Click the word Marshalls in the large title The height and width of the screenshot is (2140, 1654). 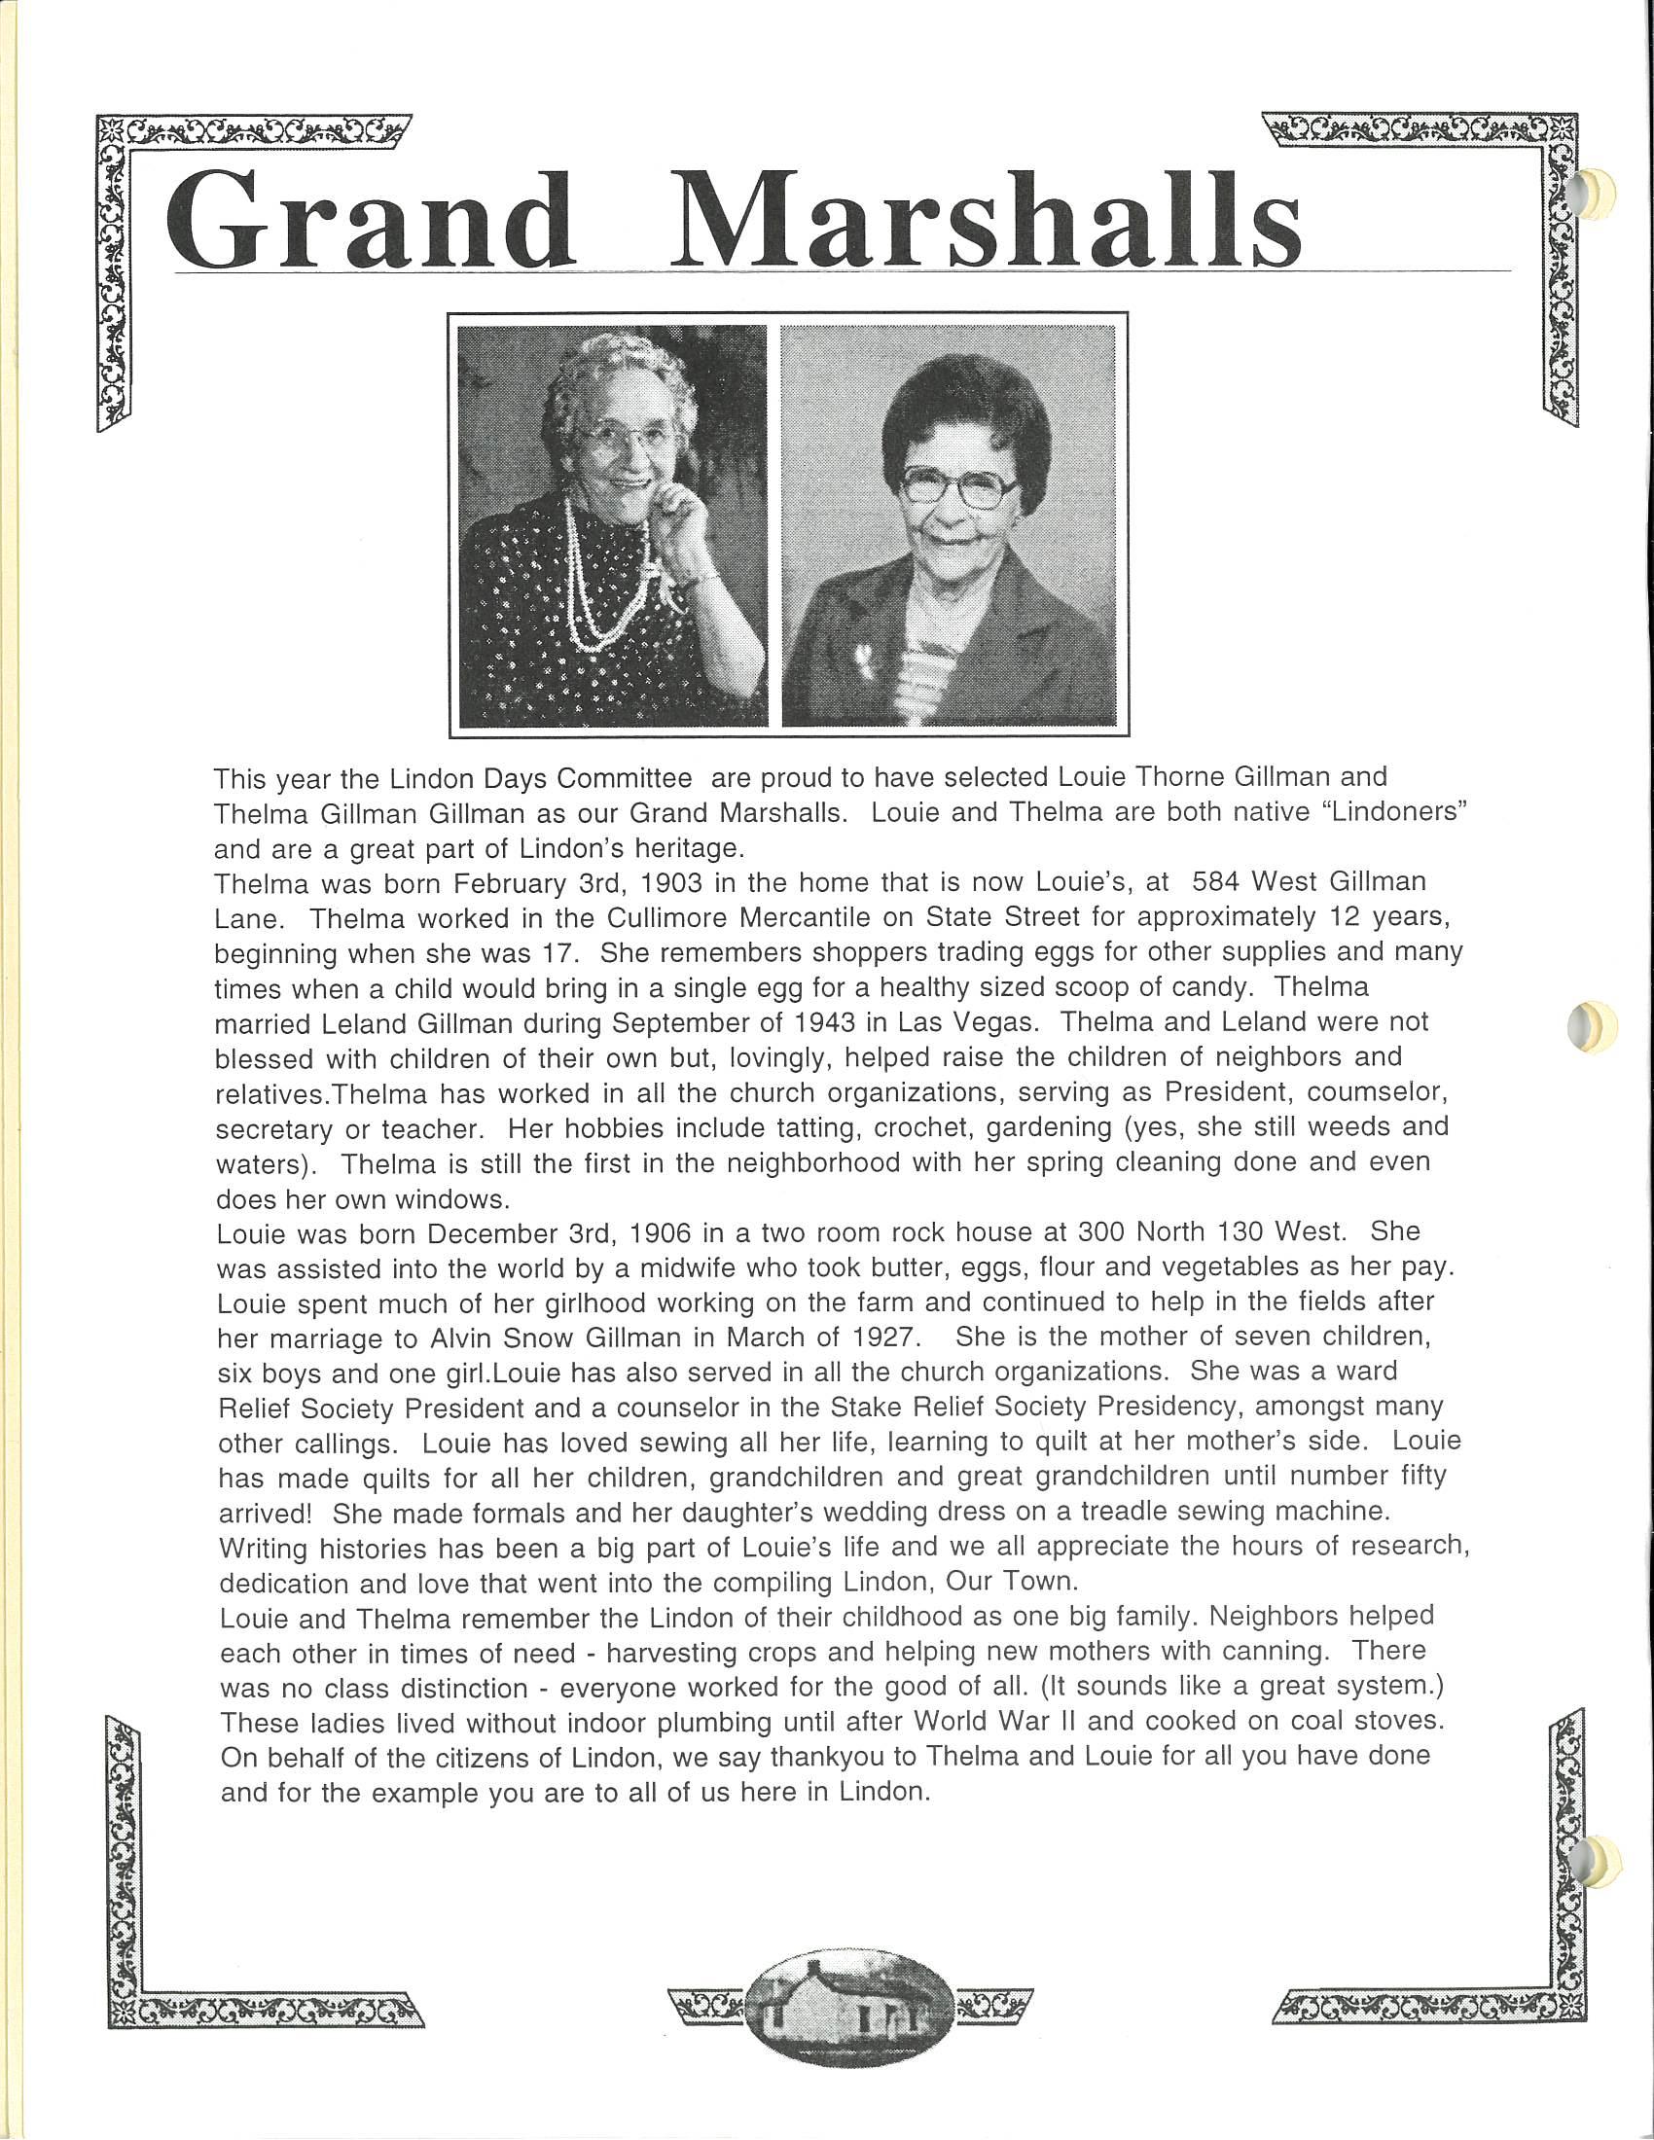tap(986, 222)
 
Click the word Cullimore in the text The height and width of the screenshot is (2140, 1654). tap(662, 918)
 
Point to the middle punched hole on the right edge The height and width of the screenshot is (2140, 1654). tap(1588, 1026)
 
